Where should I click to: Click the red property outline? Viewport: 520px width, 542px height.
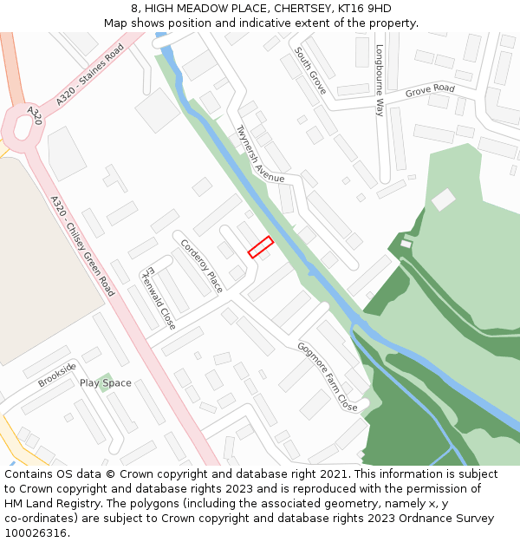(x=261, y=247)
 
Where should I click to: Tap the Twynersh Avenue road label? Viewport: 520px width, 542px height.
(x=260, y=154)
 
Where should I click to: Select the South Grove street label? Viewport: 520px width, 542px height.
(x=310, y=71)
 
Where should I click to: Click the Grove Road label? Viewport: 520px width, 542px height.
(x=430, y=89)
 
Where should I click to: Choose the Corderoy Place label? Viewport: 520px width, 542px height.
(x=202, y=265)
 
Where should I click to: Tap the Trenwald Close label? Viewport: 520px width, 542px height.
(x=159, y=297)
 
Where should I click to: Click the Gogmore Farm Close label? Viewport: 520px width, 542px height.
(x=328, y=375)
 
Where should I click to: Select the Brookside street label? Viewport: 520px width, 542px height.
(x=57, y=375)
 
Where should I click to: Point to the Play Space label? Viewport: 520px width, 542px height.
(x=106, y=383)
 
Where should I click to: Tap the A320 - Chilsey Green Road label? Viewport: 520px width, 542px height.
(x=82, y=245)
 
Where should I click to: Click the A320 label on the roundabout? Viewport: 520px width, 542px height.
(x=34, y=114)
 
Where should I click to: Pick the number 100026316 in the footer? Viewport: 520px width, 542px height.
(x=36, y=532)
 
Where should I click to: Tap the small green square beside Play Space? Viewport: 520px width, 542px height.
(x=104, y=382)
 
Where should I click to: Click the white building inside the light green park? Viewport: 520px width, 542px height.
(x=443, y=199)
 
